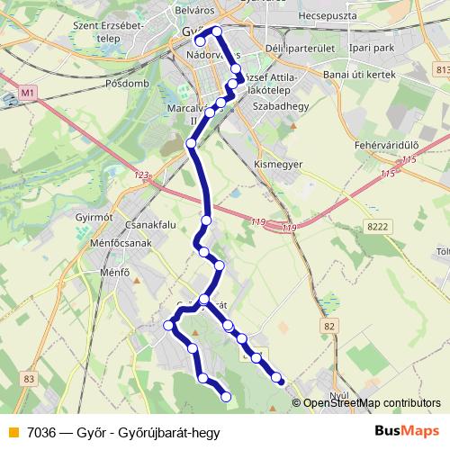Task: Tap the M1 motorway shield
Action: click(x=27, y=92)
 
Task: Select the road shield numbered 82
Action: click(x=330, y=326)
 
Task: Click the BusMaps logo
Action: click(x=407, y=431)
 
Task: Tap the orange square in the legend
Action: click(x=13, y=432)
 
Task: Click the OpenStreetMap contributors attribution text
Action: click(x=372, y=403)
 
